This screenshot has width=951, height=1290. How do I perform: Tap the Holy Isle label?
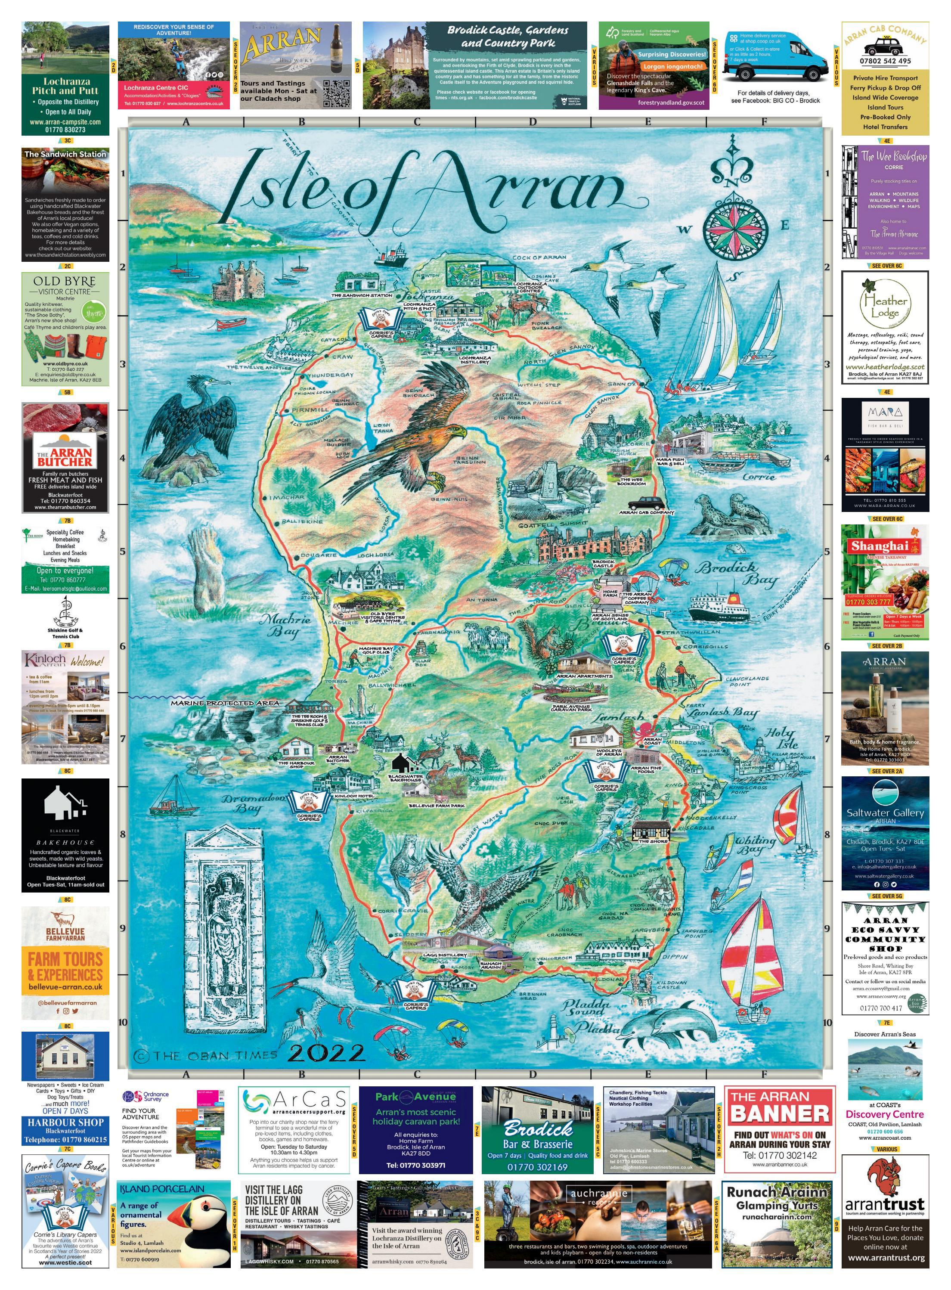pyautogui.click(x=781, y=738)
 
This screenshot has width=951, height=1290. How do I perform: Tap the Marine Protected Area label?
pyautogui.click(x=224, y=703)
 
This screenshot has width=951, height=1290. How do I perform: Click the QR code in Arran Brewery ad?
pyautogui.click(x=336, y=93)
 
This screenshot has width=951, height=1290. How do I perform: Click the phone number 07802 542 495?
pyautogui.click(x=885, y=60)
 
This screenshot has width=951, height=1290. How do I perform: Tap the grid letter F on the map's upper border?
pyautogui.click(x=764, y=122)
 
